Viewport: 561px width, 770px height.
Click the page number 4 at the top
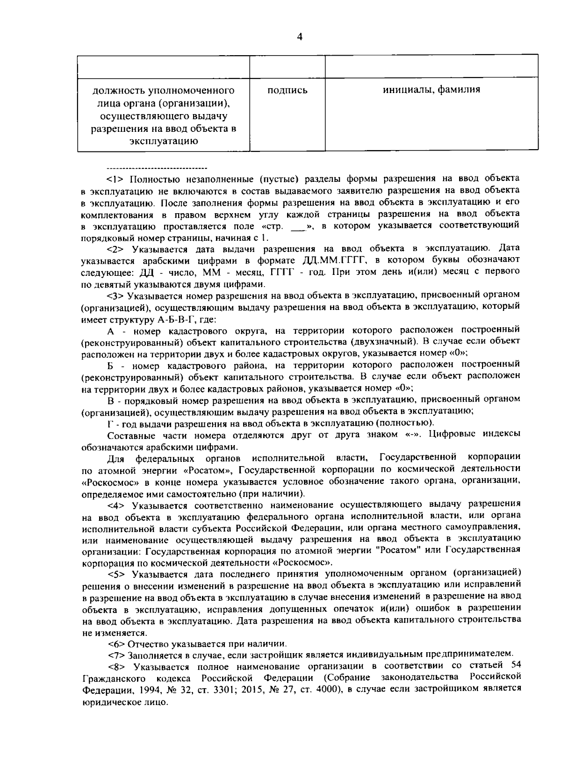(x=299, y=37)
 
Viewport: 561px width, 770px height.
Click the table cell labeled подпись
(x=287, y=90)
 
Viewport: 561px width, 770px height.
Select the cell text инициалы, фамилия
(x=431, y=89)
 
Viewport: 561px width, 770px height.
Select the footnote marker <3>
(x=116, y=295)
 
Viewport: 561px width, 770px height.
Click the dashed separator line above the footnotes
(x=157, y=167)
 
